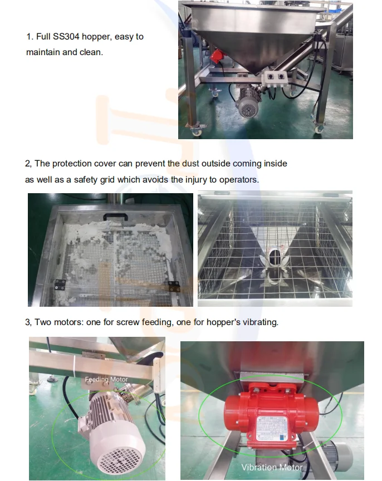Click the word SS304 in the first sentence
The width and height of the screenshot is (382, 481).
tap(66, 37)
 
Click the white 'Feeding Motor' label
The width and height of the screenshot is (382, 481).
tap(106, 380)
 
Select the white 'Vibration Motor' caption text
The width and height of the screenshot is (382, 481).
tap(272, 467)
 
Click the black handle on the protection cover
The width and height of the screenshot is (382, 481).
tap(115, 217)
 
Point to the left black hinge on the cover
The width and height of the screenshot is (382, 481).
tap(60, 284)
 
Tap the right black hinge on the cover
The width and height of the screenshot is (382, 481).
tap(174, 286)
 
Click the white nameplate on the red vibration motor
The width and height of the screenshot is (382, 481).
tap(272, 428)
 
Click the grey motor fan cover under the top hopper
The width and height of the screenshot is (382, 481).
tap(248, 108)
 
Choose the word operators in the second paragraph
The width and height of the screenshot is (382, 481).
tap(238, 180)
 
